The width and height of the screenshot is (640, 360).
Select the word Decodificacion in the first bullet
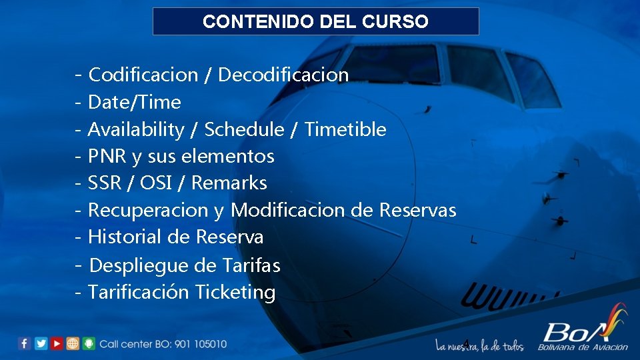point(283,75)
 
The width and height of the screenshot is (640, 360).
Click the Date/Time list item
point(134,102)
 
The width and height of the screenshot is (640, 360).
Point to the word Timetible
point(345,129)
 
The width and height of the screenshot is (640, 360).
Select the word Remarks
point(229,183)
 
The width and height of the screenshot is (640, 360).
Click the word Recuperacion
point(148,211)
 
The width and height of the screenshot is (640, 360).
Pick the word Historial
point(125,237)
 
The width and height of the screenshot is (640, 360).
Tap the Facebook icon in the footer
point(25,343)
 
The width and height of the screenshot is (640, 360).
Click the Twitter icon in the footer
point(41,343)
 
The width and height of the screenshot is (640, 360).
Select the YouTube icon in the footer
point(57,343)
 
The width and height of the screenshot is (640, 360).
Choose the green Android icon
point(89,343)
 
